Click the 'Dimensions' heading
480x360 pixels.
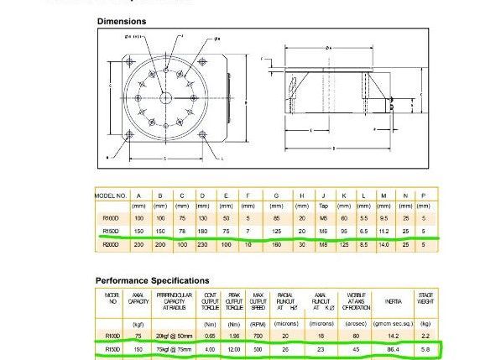(x=122, y=21)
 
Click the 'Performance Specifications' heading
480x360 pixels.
(x=152, y=280)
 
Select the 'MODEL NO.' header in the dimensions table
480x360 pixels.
(x=109, y=196)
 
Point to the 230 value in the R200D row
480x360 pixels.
(x=202, y=244)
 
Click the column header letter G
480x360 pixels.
(x=276, y=196)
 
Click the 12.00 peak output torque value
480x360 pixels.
(x=235, y=348)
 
